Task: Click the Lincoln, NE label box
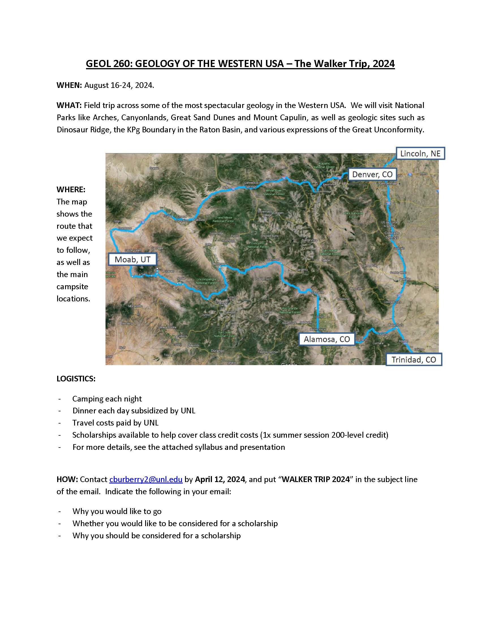pyautogui.click(x=420, y=154)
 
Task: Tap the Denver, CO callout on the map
pyautogui.click(x=372, y=174)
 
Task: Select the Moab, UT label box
pyautogui.click(x=132, y=260)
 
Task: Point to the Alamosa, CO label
pyautogui.click(x=327, y=339)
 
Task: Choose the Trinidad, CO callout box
pyautogui.click(x=413, y=360)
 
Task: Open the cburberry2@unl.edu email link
pyautogui.click(x=146, y=479)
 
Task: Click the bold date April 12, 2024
pyautogui.click(x=220, y=479)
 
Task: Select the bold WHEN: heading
pyautogui.click(x=69, y=85)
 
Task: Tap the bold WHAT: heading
pyautogui.click(x=69, y=105)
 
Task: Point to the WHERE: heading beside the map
pyautogui.click(x=71, y=190)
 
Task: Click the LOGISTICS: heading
pyautogui.click(x=76, y=379)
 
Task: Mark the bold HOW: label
pyautogui.click(x=67, y=479)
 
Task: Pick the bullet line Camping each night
pyautogui.click(x=107, y=399)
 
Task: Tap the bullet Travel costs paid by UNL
pyautogui.click(x=115, y=423)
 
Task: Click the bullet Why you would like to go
pyautogui.click(x=117, y=511)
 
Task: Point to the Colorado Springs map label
pyautogui.click(x=392, y=235)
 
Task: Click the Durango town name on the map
pyautogui.click(x=217, y=351)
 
